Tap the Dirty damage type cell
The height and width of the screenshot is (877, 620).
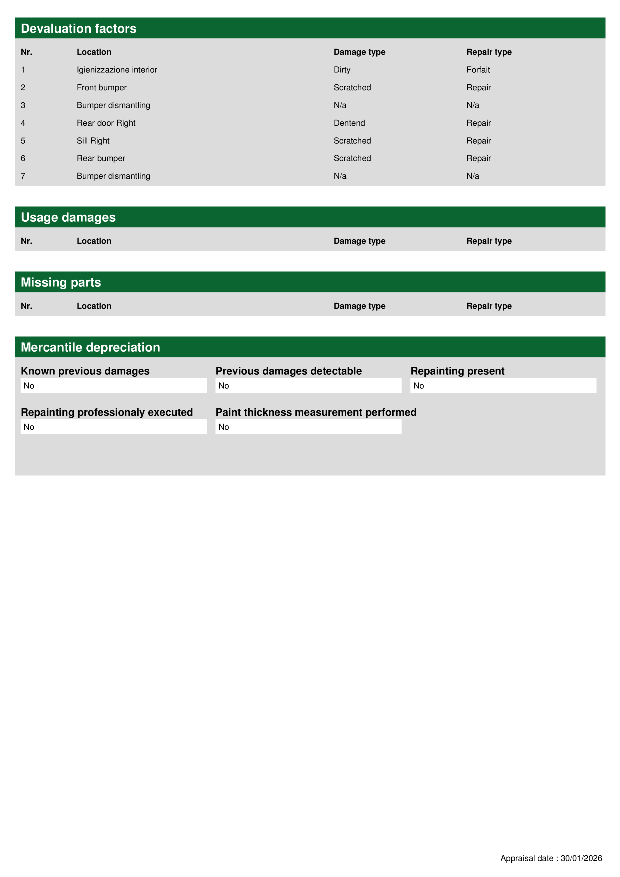coord(342,70)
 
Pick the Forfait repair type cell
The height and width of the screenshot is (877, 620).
coord(478,70)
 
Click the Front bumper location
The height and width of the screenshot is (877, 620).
coord(101,87)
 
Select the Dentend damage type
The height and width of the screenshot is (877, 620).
coord(349,123)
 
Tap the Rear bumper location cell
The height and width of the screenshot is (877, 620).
coord(101,158)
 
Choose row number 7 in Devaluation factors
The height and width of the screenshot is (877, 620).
coord(23,176)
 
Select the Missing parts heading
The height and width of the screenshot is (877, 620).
coord(61,282)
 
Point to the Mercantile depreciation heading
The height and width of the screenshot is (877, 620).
coord(90,347)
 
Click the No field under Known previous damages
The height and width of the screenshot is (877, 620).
coord(113,386)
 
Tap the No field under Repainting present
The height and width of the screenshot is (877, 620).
coord(503,386)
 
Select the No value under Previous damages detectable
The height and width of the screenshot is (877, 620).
coord(308,386)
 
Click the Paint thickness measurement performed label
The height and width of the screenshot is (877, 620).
coord(316,412)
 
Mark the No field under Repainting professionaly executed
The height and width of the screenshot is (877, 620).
coord(113,427)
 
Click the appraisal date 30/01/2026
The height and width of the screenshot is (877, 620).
coord(581,858)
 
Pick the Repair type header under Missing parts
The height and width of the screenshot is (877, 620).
coord(489,306)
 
